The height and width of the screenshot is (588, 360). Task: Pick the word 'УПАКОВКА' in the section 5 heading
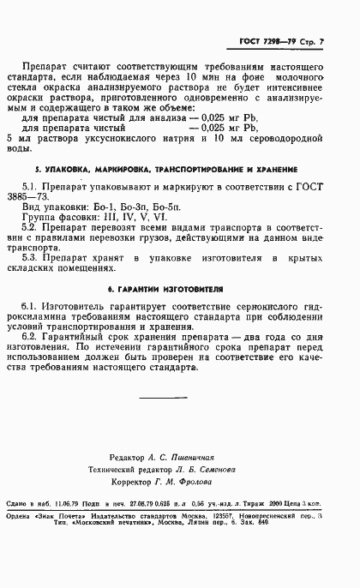point(73,170)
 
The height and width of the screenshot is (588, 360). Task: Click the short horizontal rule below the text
point(175,397)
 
